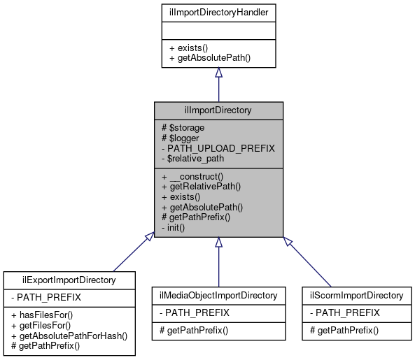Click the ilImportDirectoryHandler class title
tap(218, 11)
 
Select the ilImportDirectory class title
tap(218, 110)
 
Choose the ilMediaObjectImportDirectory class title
tap(218, 295)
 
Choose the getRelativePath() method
tap(202, 187)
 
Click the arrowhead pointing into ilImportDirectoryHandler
tap(218, 73)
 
